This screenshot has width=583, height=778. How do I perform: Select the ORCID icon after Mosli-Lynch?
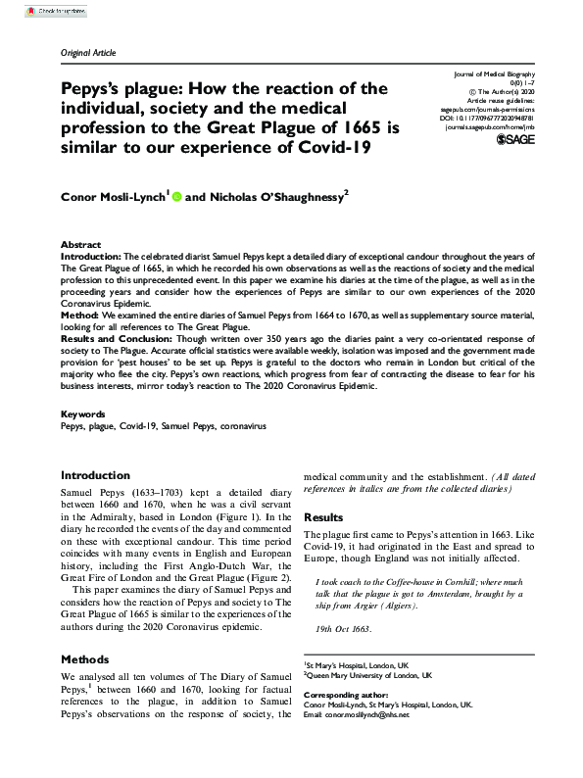coord(177,197)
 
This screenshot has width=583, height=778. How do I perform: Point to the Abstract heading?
coord(80,244)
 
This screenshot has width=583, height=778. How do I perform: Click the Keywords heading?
coord(83,414)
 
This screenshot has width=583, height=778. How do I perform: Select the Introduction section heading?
coord(95,475)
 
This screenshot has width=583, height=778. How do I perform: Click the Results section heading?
coord(323,517)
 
